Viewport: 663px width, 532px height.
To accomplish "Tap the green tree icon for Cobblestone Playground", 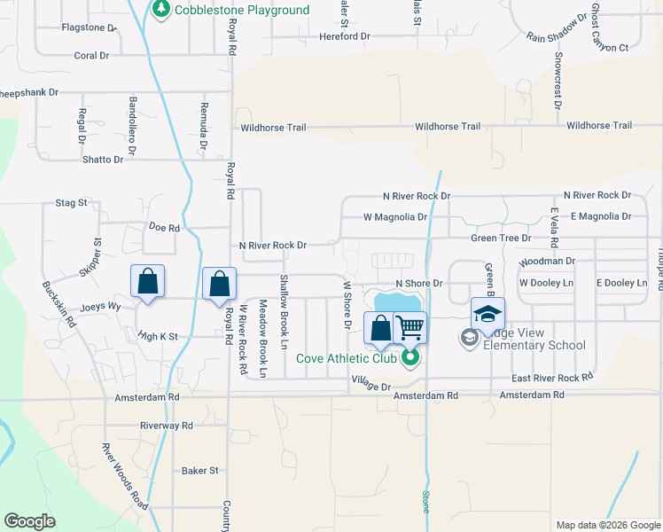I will pos(160,10).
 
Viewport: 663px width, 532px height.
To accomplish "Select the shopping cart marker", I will pos(409,327).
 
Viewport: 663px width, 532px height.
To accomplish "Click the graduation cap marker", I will pos(487,314).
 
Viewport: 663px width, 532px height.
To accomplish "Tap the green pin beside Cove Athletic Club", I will pos(409,358).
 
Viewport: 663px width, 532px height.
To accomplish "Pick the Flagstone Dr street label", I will pos(90,27).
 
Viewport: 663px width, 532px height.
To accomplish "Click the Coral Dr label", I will pos(91,55).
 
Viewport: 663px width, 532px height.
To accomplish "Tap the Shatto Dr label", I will pos(103,160).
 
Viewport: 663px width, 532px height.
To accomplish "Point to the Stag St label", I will pos(71,202).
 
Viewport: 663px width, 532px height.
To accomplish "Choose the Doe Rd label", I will pos(165,228).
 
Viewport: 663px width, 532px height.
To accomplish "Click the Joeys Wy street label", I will pos(100,307).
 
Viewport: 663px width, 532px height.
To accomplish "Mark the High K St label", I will pos(158,336).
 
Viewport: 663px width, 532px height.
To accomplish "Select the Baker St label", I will pos(199,470).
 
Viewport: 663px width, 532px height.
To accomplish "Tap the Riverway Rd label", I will pos(166,426).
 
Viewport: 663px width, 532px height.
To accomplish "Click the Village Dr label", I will pos(370,387).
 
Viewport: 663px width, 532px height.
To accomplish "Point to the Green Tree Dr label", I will pos(501,238).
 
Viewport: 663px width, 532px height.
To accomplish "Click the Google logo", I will pos(30,521).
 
